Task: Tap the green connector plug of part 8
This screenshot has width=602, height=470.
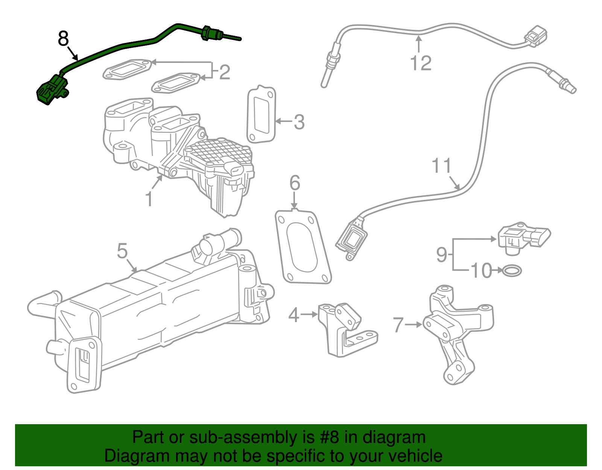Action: pos(52,89)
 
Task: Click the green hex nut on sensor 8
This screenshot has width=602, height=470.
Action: pos(206,33)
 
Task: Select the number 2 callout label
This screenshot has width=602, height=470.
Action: pos(225,72)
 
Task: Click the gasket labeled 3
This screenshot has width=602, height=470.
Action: pos(261,115)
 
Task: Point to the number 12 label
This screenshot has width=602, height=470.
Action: pos(421,63)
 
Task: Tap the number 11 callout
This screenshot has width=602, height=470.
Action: pos(441,166)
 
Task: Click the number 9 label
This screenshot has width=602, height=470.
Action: pos(442,254)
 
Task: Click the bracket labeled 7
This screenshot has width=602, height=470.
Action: pos(457,331)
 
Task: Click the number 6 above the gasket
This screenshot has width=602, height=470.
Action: pos(295,183)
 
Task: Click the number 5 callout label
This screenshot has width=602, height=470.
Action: pos(122,251)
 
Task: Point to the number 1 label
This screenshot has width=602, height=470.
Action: pos(149,199)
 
